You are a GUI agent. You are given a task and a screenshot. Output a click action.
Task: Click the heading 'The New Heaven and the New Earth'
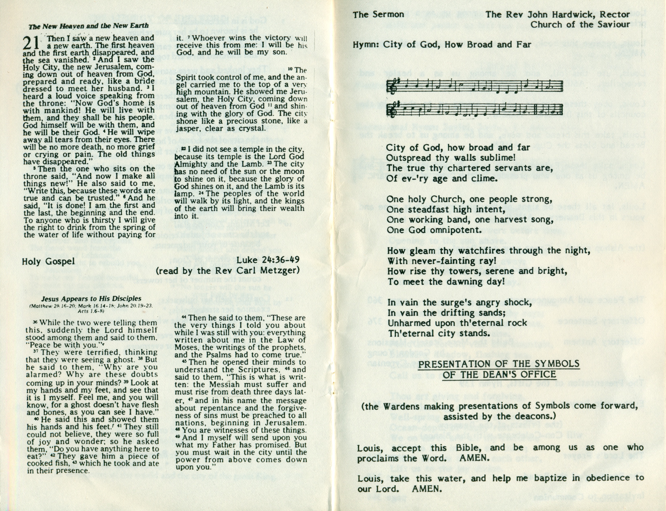tap(88, 26)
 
